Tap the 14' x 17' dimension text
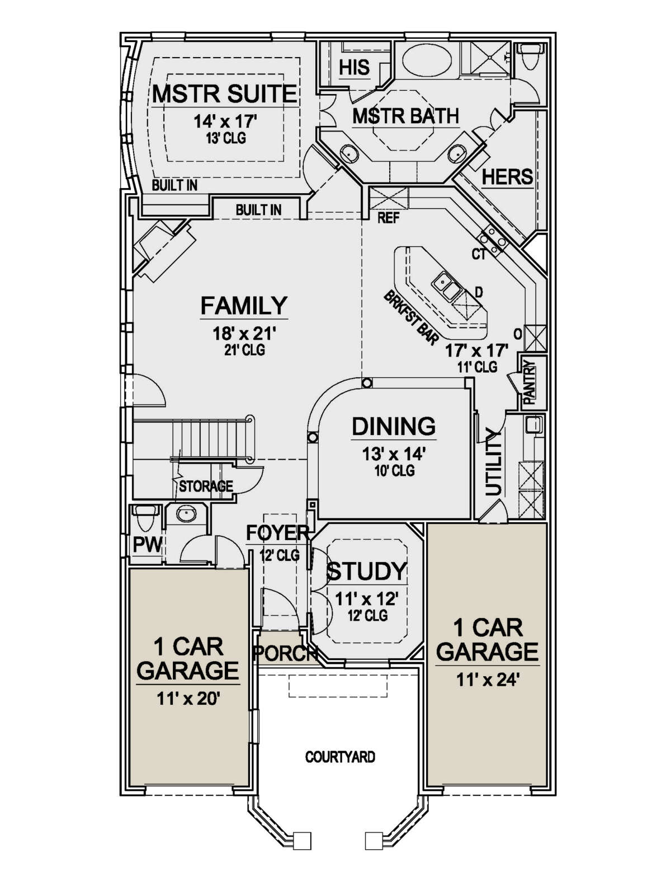click(225, 121)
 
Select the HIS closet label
click(354, 67)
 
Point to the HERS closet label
click(507, 176)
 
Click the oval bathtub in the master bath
click(427, 59)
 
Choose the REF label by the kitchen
click(389, 218)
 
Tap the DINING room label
click(393, 426)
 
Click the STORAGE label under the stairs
click(206, 486)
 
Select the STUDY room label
click(366, 571)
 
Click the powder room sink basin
click(186, 514)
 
